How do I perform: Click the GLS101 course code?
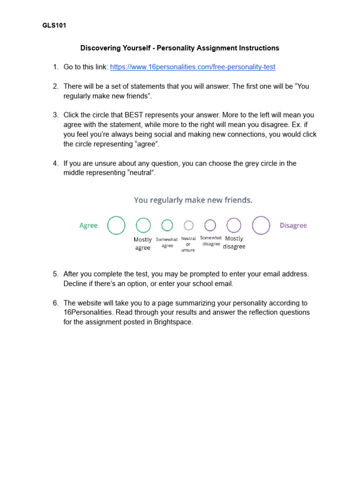click(x=54, y=26)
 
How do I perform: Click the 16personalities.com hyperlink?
click(x=193, y=67)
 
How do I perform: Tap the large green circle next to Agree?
click(x=116, y=225)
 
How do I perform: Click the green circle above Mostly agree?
click(x=143, y=225)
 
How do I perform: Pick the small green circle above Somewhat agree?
click(x=167, y=225)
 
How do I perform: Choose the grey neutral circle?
click(x=188, y=225)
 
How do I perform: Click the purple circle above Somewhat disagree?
click(x=210, y=225)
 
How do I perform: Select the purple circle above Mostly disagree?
click(x=234, y=225)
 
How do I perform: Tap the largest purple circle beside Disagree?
click(x=261, y=225)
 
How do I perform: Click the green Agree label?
click(x=89, y=225)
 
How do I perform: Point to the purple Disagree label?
click(x=293, y=225)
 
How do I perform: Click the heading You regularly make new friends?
click(x=193, y=200)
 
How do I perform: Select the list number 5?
click(x=55, y=274)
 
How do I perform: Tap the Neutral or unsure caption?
click(x=188, y=244)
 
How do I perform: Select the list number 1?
click(x=55, y=67)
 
